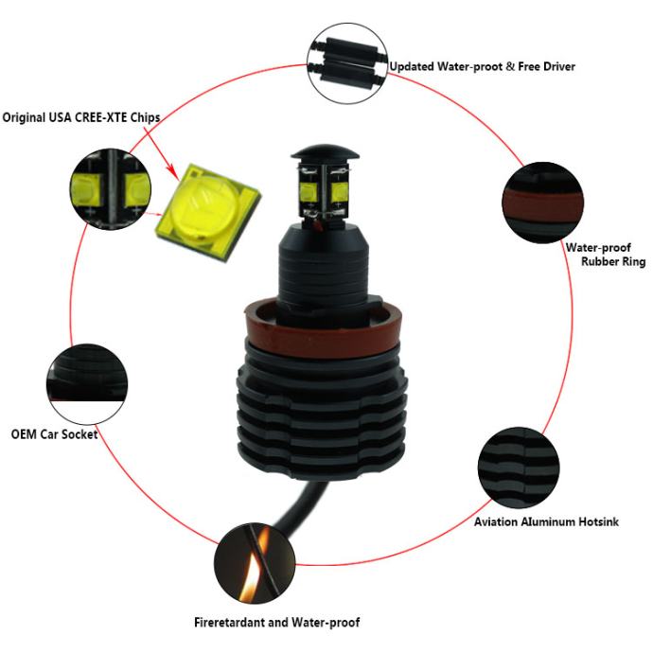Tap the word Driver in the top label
click(x=556, y=67)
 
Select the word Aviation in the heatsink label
click(x=498, y=521)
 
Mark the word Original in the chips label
click(x=26, y=117)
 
